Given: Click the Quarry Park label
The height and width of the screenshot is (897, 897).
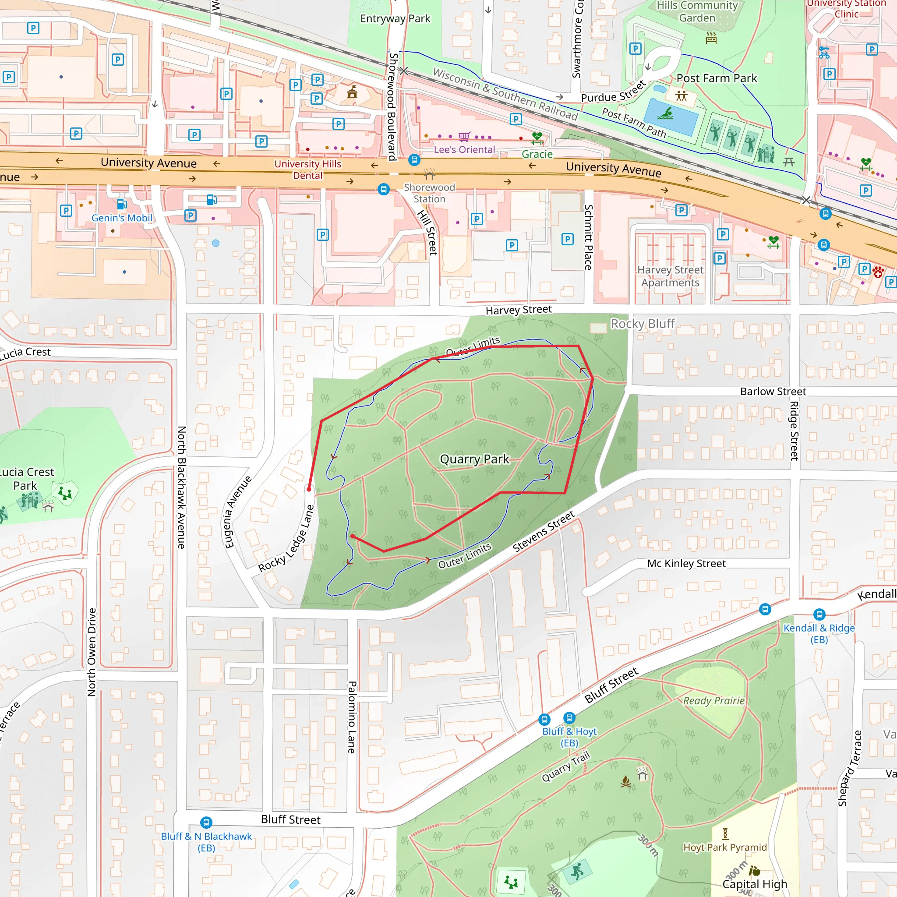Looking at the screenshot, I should (x=474, y=459).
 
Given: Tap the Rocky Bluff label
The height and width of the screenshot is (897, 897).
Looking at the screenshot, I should (x=642, y=324).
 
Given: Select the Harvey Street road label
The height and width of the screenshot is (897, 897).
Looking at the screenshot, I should (x=518, y=310).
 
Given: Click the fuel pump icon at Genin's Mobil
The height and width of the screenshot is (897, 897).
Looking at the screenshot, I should (x=122, y=204).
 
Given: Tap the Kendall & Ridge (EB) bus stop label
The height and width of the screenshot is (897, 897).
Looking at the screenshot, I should (x=819, y=633).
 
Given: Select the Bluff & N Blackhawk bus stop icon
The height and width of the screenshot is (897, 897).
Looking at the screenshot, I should (x=206, y=822).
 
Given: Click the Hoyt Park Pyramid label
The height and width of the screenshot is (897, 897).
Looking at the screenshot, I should (x=724, y=848).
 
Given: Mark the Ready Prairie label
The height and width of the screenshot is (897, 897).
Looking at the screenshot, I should (x=713, y=701).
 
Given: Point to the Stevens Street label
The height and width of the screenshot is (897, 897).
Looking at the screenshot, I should (x=543, y=531).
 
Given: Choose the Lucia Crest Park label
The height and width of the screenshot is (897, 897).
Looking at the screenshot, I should (x=26, y=479).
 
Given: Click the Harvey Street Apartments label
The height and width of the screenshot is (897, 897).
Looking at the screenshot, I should (x=670, y=276).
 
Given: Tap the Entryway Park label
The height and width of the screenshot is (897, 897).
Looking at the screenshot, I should (x=395, y=18).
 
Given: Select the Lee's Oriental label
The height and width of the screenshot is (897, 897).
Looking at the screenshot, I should (x=464, y=149).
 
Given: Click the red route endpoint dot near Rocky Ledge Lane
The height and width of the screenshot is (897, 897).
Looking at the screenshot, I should (x=309, y=489).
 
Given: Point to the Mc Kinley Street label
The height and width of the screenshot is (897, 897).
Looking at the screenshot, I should (x=686, y=564).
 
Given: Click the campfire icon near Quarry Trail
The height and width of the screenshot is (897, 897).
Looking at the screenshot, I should (x=625, y=782).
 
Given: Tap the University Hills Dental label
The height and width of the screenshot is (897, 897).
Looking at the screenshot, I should (x=307, y=170).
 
